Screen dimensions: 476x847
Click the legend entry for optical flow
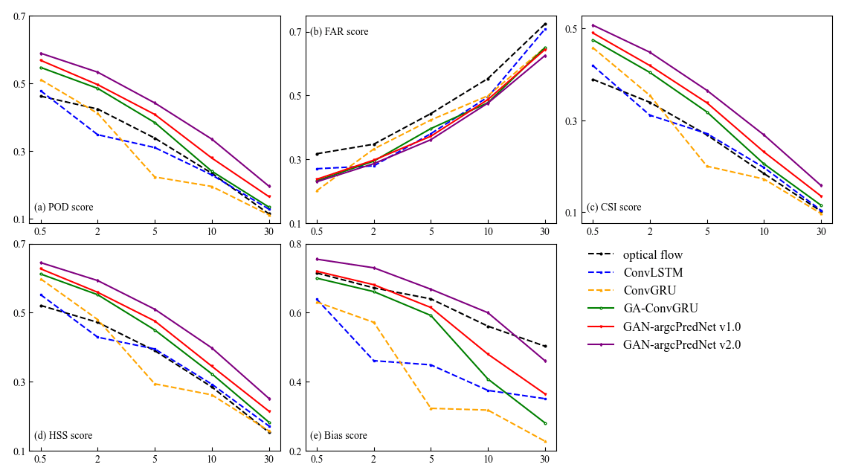click(x=652, y=255)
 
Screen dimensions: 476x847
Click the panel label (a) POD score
click(x=64, y=207)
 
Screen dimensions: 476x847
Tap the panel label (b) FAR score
click(x=339, y=31)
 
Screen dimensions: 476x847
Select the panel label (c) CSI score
click(x=614, y=207)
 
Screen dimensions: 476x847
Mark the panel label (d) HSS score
click(x=63, y=435)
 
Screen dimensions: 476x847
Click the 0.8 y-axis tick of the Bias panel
click(x=294, y=244)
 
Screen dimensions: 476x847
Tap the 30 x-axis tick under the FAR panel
click(x=545, y=232)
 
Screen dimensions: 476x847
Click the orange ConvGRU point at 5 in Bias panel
click(x=431, y=408)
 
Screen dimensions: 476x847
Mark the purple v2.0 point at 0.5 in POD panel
click(x=41, y=54)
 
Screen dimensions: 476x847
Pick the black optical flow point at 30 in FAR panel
click(x=545, y=24)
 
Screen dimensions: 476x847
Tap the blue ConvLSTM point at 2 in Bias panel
click(x=373, y=361)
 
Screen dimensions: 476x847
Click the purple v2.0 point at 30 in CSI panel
click(x=821, y=185)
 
